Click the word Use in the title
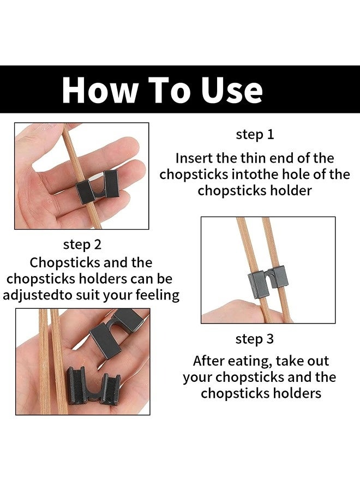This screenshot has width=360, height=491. [x=232, y=89]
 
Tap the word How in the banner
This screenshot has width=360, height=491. [x=100, y=89]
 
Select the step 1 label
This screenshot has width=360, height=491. [x=255, y=135]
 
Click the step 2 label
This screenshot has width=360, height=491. [x=82, y=244]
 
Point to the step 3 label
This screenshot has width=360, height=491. [x=255, y=339]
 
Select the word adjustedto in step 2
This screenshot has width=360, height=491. [x=35, y=295]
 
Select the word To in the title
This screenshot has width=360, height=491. [x=169, y=89]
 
